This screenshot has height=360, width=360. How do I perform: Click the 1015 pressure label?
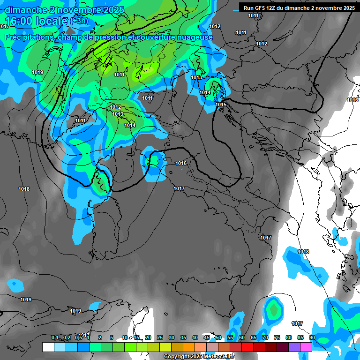point(221,105)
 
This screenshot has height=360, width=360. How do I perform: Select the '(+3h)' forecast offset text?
point(79,21)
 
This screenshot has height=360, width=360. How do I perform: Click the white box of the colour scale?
point(48,347)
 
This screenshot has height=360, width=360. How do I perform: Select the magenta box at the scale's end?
point(306,347)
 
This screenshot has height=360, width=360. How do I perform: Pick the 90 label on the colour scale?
point(312,338)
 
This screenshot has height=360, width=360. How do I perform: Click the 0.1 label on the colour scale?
point(54,338)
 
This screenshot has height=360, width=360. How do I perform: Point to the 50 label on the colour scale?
point(218,338)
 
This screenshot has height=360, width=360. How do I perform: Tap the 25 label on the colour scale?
point(160,338)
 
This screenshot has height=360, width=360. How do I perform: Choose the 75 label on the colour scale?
point(277,338)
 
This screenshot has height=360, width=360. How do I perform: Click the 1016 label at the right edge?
point(352,100)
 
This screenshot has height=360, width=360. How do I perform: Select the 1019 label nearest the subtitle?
point(37,72)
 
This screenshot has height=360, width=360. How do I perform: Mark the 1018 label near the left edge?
point(24,189)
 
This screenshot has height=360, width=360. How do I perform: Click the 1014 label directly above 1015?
point(205,93)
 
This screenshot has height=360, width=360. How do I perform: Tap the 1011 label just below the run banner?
point(253,16)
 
